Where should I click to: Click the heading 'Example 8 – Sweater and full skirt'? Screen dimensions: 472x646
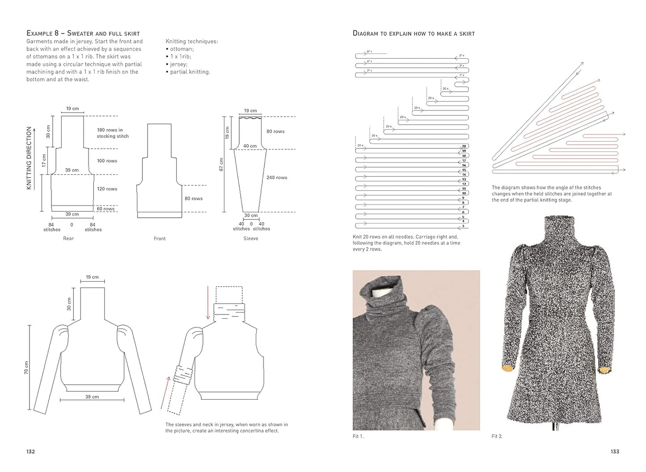point(83,34)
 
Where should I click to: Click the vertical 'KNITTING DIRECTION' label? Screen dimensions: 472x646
point(30,158)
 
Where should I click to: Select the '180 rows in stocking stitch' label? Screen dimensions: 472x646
point(113,133)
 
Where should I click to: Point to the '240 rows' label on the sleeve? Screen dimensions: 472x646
point(277,177)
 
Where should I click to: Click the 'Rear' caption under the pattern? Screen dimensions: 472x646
point(68,239)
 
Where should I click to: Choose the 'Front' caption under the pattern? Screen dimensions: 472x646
point(160,239)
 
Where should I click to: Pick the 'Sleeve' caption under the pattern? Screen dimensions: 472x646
point(251,239)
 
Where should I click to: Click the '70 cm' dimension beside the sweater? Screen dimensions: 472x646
point(26,367)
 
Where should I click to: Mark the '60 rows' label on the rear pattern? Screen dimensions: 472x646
point(106,209)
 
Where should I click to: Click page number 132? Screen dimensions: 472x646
point(30,451)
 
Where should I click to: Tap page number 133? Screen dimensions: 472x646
point(615,451)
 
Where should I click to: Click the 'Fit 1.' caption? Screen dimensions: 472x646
point(359,436)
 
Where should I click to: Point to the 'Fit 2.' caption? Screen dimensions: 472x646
point(497,436)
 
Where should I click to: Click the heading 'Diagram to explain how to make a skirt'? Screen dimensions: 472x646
point(414,34)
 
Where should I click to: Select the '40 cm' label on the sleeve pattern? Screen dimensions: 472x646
point(250,146)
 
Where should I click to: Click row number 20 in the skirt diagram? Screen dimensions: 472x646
point(464,146)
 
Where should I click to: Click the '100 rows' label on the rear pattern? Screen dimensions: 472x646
point(107,161)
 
